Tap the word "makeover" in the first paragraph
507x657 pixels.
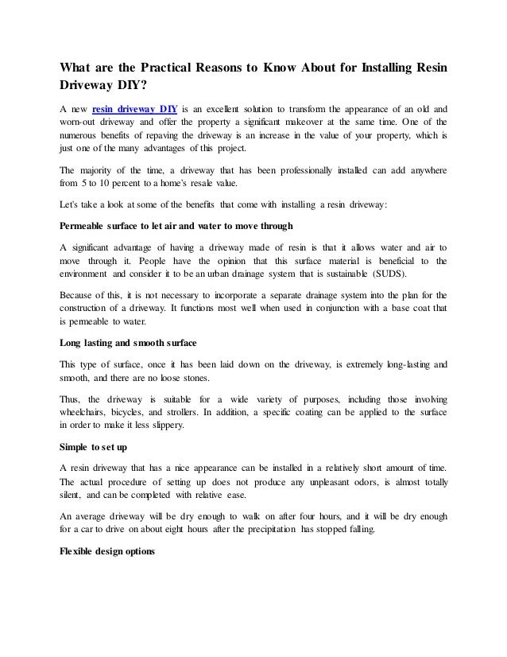pyautogui.click(x=288, y=123)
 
